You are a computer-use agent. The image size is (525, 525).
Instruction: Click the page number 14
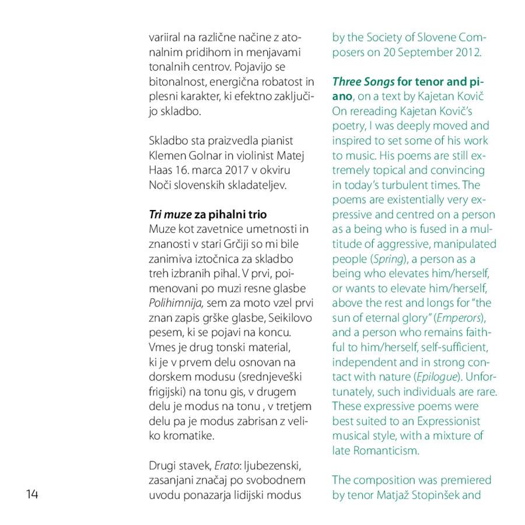point(32,495)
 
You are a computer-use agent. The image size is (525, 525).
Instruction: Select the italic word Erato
point(226,466)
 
